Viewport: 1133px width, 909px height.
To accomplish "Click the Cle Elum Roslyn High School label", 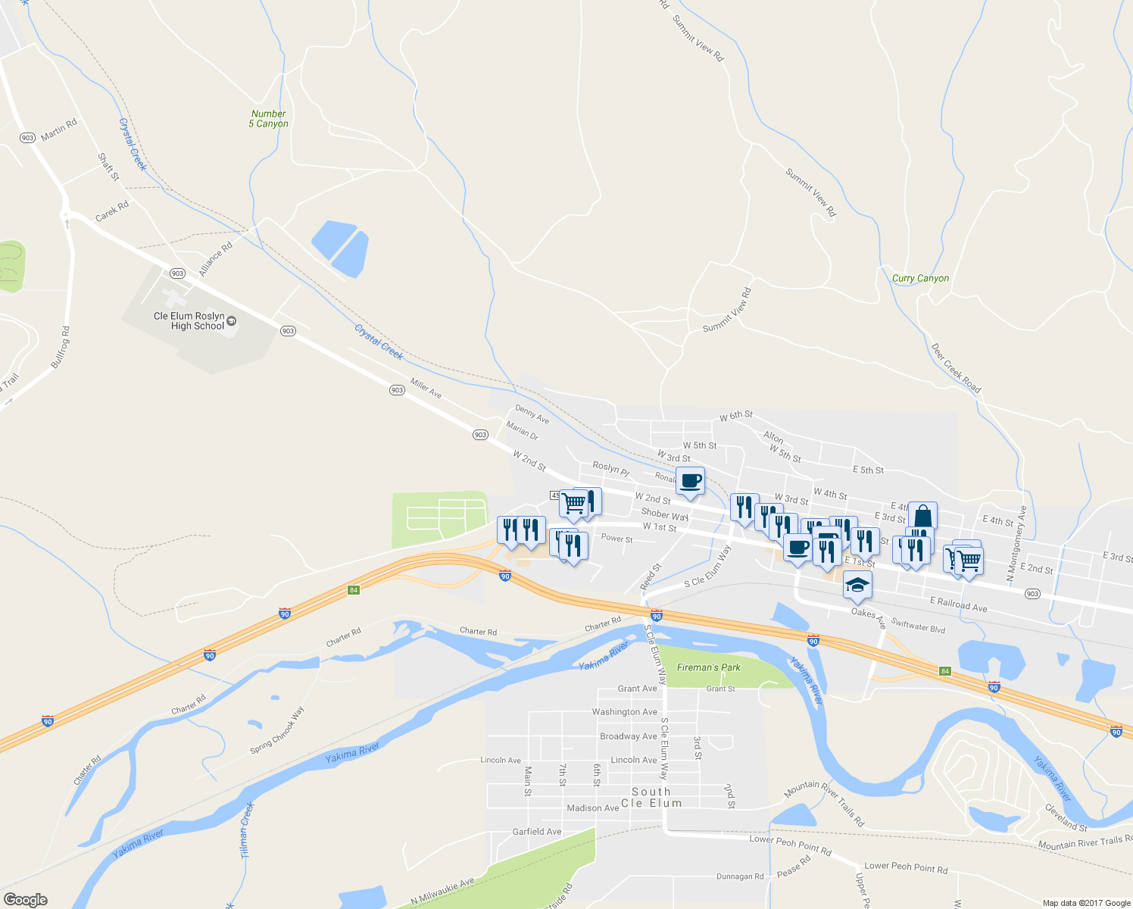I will tap(189, 321).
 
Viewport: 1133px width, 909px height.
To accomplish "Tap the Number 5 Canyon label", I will tap(269, 119).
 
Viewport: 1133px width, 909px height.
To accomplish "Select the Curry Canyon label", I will tap(920, 278).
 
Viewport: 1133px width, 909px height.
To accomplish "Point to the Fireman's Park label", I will tap(708, 667).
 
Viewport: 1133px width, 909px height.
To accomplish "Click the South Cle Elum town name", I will tap(651, 798).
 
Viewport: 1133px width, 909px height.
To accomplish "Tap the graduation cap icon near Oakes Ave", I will tap(857, 585).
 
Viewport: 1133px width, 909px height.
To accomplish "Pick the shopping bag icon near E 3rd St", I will tap(922, 517).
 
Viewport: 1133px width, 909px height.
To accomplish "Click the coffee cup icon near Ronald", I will tap(690, 481).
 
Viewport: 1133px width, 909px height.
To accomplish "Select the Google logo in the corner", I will tap(25, 899).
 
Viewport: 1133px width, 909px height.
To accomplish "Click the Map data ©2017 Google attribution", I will tap(1086, 903).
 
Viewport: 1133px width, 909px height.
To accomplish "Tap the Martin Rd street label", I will tap(59, 130).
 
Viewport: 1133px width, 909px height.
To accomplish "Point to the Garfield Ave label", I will tap(537, 832).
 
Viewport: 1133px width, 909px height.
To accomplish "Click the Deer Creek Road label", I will tap(956, 369).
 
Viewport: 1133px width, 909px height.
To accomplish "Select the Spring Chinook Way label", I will tap(277, 730).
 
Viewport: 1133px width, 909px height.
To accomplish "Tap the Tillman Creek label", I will tap(246, 830).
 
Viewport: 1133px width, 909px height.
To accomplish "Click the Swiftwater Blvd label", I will tap(918, 625).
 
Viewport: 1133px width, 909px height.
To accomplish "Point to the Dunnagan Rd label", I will tap(740, 876).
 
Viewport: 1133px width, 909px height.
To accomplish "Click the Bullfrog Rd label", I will tap(61, 348).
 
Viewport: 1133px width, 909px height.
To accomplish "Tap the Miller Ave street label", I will tap(426, 388).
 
